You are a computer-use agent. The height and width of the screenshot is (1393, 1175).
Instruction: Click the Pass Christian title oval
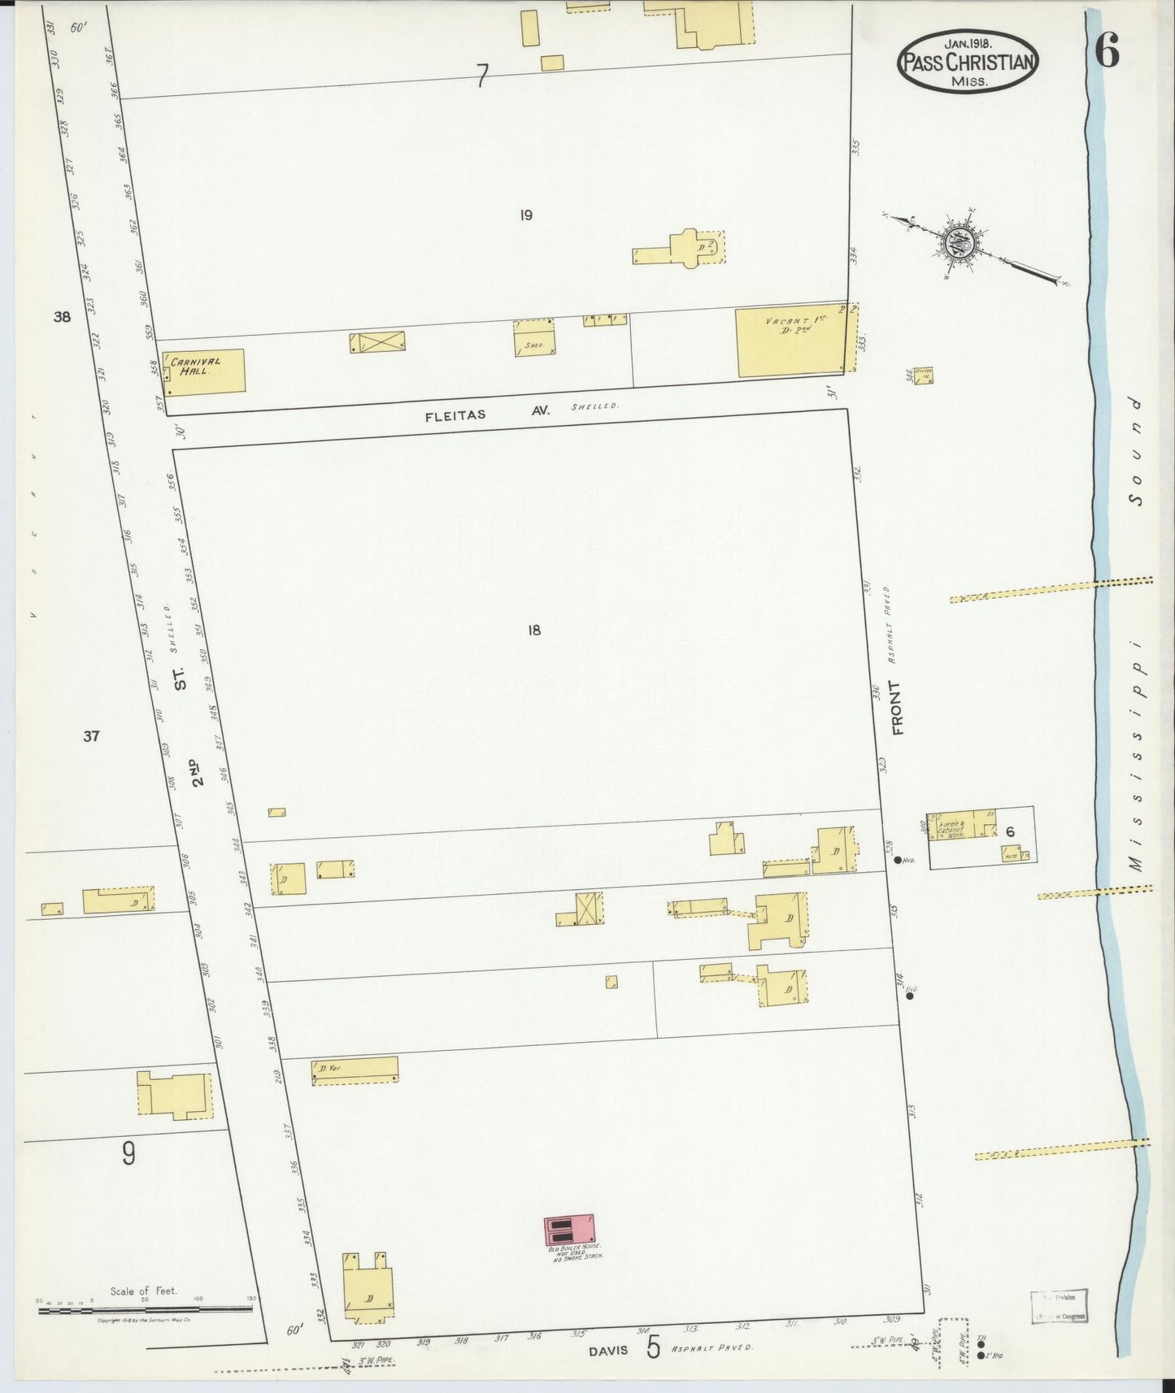tap(968, 60)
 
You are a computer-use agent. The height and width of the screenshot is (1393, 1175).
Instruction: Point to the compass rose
tap(964, 243)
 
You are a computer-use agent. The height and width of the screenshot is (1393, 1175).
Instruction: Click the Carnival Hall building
tap(204, 372)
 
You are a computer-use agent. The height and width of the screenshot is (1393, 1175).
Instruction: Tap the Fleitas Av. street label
tap(488, 413)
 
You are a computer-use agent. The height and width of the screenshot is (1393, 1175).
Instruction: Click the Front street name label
tap(899, 718)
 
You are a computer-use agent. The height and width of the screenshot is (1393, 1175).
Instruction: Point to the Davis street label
tap(609, 1349)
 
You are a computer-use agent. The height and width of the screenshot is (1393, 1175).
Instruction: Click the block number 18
tap(533, 629)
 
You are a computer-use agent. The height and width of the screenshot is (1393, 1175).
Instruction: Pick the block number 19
tap(525, 215)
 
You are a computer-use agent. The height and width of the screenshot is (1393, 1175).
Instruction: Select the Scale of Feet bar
tap(146, 1309)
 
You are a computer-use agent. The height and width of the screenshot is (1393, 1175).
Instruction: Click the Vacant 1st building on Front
tap(793, 341)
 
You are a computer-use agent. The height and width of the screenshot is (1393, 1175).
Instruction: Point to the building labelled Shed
tap(534, 339)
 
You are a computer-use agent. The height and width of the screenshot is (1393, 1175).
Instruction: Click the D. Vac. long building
tap(355, 1070)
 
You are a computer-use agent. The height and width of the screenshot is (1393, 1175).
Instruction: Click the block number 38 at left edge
tap(62, 317)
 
